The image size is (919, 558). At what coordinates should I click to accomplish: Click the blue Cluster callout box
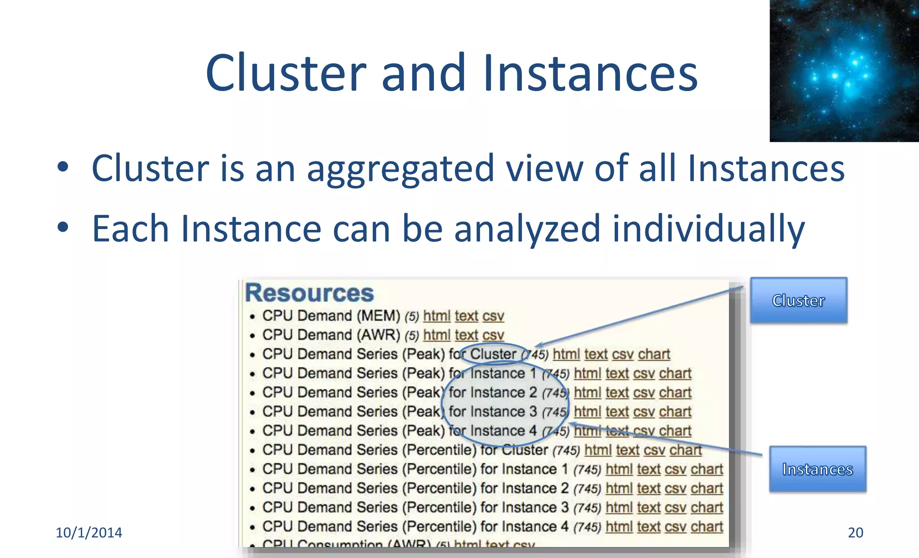[x=798, y=300]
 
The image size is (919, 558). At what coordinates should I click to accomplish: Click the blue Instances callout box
[x=817, y=469]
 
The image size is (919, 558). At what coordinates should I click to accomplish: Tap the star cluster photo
[x=844, y=70]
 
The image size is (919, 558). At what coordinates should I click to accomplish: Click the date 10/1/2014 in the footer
[x=89, y=532]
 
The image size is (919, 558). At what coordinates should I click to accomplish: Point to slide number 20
[x=855, y=532]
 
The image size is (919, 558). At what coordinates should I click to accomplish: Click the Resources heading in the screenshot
[x=309, y=293]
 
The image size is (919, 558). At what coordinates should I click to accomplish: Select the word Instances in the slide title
[x=590, y=73]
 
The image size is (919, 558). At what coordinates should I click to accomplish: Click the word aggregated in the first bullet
[x=400, y=168]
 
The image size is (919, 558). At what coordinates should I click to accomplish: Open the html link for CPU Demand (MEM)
[x=437, y=316]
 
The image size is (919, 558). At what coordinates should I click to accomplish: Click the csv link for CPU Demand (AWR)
[x=493, y=335]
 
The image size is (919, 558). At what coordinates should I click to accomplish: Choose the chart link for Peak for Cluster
[x=654, y=354]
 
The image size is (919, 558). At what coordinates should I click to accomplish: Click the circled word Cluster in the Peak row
[x=493, y=354]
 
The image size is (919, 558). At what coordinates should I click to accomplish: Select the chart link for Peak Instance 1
[x=675, y=373]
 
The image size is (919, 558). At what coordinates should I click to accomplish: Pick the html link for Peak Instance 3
[x=587, y=412]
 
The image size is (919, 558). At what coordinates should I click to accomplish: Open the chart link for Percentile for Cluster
[x=685, y=450]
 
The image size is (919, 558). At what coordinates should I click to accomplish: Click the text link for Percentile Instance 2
[x=648, y=488]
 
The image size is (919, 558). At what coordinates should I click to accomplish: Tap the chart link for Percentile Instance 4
[x=707, y=527]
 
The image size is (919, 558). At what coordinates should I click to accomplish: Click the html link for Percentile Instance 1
[x=619, y=469]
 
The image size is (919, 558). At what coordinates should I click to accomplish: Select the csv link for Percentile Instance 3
[x=675, y=507]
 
